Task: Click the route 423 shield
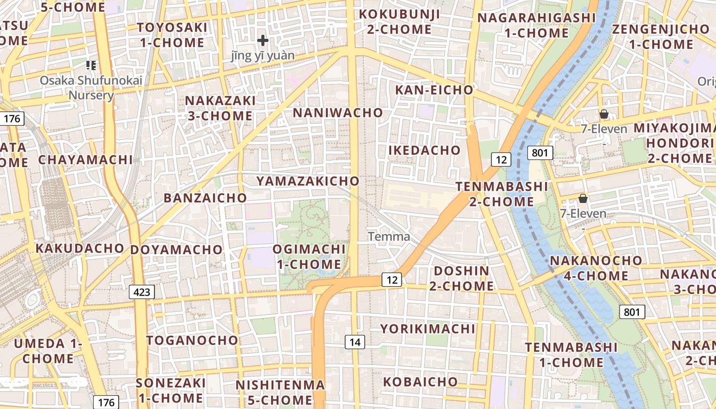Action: (x=142, y=292)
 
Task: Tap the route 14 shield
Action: (x=355, y=342)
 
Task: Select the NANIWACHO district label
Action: (x=338, y=112)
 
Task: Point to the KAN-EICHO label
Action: (x=435, y=90)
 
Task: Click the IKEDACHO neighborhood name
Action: (x=424, y=150)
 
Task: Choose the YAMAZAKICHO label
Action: (x=308, y=181)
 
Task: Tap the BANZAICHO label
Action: (x=205, y=198)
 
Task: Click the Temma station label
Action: (x=389, y=237)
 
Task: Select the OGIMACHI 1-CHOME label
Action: (x=309, y=257)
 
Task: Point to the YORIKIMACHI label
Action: (x=428, y=329)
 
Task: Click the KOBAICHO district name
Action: (x=420, y=382)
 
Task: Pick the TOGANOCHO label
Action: (x=192, y=340)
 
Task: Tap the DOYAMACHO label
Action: (x=176, y=250)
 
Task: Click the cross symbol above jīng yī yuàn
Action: (x=263, y=40)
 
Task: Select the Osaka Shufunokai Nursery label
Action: (x=91, y=87)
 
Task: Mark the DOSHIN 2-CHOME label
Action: (x=461, y=278)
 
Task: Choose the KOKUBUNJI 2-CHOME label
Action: (x=399, y=21)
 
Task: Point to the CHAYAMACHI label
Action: (x=85, y=160)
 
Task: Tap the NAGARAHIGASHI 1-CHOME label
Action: (x=536, y=26)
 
